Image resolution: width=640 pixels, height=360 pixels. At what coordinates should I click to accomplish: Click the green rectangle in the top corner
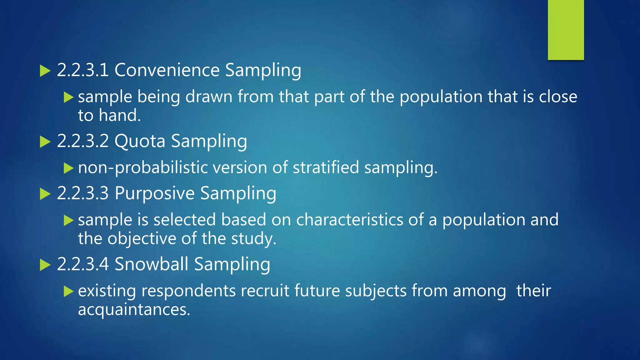point(566,30)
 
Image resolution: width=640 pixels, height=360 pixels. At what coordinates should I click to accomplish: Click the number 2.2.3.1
point(83,70)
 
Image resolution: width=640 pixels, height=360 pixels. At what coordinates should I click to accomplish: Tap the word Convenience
point(167,70)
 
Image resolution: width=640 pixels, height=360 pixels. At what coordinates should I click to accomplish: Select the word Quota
point(140,141)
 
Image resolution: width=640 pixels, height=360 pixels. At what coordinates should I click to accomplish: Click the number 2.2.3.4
point(83,264)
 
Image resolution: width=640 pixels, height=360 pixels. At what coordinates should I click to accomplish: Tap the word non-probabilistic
point(143,168)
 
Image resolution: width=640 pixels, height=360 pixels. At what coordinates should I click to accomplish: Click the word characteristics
point(350,220)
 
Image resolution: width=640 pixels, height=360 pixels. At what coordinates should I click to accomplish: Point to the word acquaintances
point(134,310)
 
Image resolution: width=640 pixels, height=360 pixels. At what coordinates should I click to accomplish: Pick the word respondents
point(188,291)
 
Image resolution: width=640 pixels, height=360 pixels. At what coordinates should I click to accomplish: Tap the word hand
point(120,115)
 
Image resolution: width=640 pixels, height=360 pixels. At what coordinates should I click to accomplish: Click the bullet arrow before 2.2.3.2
point(45,142)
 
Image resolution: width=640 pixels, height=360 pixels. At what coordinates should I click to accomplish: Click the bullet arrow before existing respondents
point(68,291)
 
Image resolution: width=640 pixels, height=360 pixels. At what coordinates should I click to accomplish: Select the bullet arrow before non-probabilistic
point(68,168)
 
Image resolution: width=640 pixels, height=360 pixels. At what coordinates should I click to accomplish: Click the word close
point(558,97)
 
